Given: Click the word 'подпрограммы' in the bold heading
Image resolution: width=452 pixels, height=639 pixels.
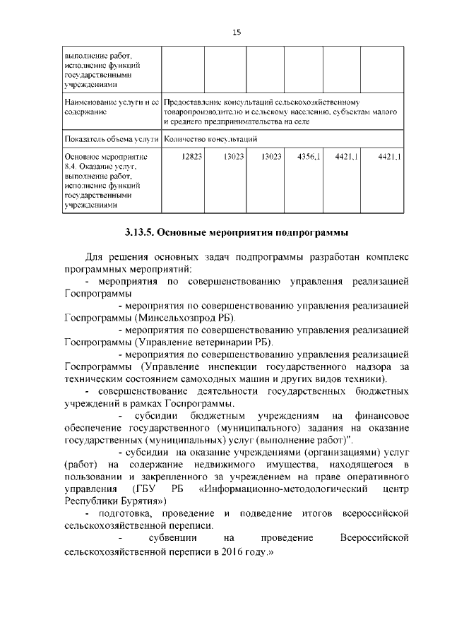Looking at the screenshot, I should coord(315,232).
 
